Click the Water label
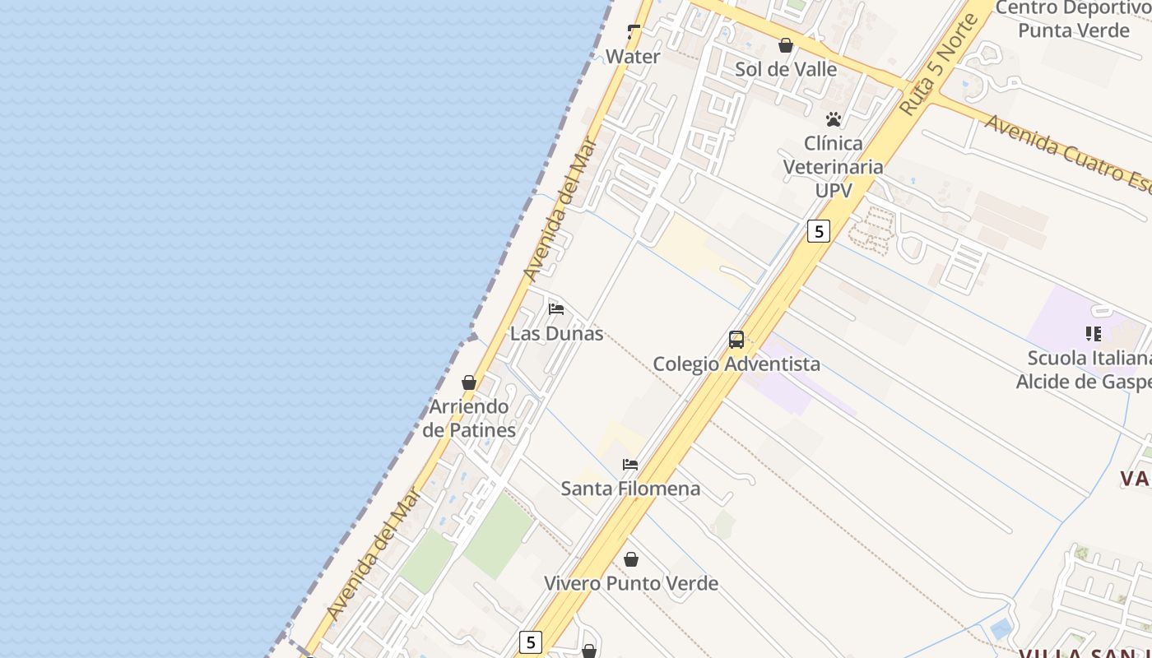coord(633,57)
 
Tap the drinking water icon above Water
coord(634,32)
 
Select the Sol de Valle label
coord(786,69)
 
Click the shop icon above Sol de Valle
coord(786,45)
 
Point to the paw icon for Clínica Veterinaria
coord(834,119)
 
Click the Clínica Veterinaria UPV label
coord(833,167)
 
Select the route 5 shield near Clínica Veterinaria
coord(818,231)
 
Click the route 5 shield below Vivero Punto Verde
coord(531,642)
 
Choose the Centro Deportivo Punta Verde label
coord(1073,20)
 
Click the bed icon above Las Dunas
coord(556,309)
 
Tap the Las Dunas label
coord(557,334)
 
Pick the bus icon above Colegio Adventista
coord(736,340)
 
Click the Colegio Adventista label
coord(736,364)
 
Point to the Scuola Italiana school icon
coord(1094,334)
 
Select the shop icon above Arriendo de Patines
coord(469,382)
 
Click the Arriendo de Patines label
coord(469,418)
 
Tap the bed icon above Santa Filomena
coord(630,465)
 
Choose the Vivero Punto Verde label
coord(631,583)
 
